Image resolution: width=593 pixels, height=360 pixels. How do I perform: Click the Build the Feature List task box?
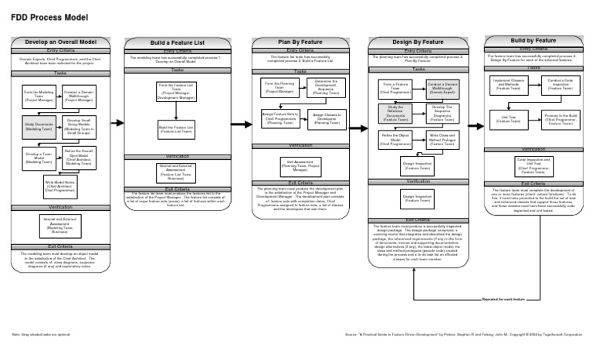click(178, 129)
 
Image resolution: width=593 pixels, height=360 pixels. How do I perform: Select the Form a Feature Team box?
click(395, 87)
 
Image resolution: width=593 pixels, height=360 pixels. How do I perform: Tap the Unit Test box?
click(513, 117)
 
